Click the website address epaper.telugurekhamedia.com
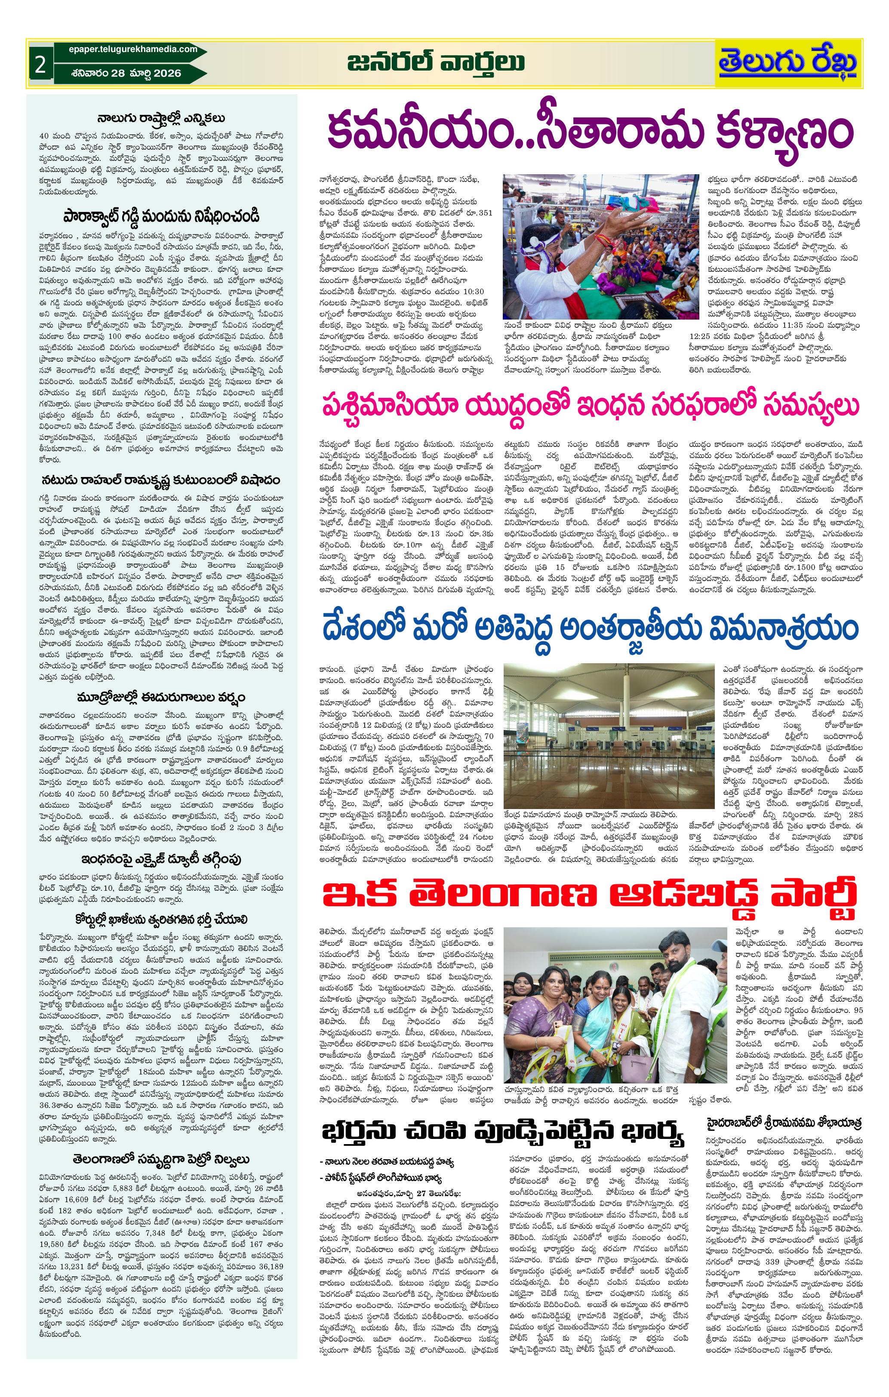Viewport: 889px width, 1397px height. click(x=128, y=50)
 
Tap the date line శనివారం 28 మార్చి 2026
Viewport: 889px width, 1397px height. click(x=124, y=73)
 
